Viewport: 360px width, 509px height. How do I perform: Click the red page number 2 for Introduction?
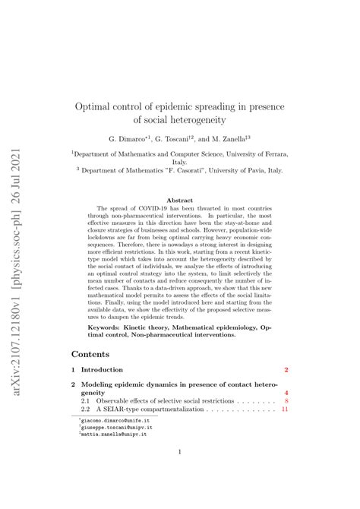pyautogui.click(x=286, y=369)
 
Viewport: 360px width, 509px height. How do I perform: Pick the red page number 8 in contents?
pyautogui.click(x=286, y=400)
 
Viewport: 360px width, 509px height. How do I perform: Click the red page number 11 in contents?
pyautogui.click(x=285, y=409)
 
